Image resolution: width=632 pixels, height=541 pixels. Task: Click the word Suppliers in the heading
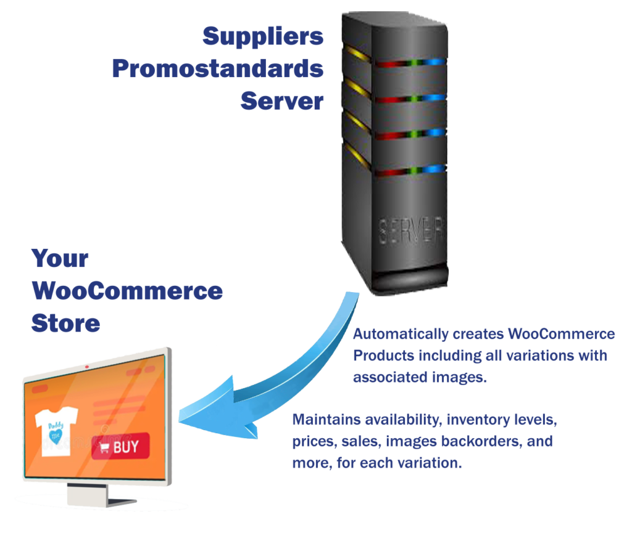[x=263, y=36]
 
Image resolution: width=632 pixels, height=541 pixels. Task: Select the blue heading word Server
[x=282, y=100]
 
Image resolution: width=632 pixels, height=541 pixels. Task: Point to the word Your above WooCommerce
[x=60, y=258]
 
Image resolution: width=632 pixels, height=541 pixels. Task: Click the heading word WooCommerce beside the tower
[x=127, y=290]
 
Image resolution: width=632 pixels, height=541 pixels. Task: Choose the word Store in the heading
[x=65, y=322]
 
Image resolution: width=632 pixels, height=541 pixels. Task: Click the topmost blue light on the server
[x=436, y=62]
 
